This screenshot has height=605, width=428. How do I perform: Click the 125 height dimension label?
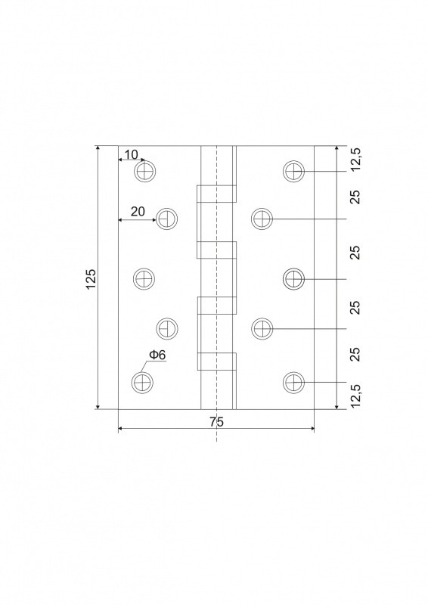tap(91, 278)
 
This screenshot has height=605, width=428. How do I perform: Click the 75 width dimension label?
tap(216, 422)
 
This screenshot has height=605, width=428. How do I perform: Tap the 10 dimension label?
tap(132, 155)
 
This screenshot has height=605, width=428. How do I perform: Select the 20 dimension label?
tap(138, 212)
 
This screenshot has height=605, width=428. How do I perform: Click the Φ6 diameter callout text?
tap(157, 355)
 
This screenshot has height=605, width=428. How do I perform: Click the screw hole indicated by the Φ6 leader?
tap(142, 383)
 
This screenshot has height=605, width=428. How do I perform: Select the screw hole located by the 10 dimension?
tap(145, 171)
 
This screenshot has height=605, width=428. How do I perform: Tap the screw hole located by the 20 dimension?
tap(166, 219)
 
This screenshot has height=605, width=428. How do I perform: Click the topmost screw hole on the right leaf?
tap(293, 171)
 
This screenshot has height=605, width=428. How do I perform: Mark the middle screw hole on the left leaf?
tap(144, 278)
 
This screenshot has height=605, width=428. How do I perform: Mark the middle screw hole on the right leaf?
tap(293, 278)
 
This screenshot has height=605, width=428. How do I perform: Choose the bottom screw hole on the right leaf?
tap(293, 383)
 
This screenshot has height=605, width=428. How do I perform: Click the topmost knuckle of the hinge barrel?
tap(216, 194)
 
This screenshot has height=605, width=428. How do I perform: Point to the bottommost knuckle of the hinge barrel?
tap(216, 361)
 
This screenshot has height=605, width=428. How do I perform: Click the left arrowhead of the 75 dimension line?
tap(120, 428)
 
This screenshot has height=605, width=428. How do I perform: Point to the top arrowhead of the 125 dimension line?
tap(98, 148)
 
